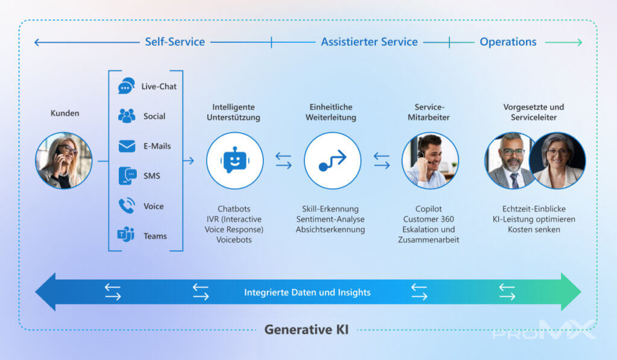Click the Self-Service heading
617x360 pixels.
coord(175,42)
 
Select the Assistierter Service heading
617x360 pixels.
coord(369,42)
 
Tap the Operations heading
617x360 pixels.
coord(508,42)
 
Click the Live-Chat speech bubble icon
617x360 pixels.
coord(126,86)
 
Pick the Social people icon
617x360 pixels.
coord(127,116)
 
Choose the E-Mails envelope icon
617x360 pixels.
coord(127,146)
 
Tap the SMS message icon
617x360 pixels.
coord(127,176)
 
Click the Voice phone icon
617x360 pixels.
coord(127,206)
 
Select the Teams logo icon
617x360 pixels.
coord(125,236)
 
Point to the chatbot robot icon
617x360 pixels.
coord(234,160)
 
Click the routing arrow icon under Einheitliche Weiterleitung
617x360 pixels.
coord(333,160)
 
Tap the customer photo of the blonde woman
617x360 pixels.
coord(63,160)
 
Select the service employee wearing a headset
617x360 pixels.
coord(430,160)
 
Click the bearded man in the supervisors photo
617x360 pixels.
coord(512,160)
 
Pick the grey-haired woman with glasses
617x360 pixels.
coord(557,160)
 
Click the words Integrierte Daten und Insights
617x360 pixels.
coord(307,292)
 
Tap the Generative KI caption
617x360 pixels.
coord(306,330)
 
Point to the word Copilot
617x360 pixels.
coord(429,209)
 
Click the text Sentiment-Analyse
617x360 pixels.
coord(330,219)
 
